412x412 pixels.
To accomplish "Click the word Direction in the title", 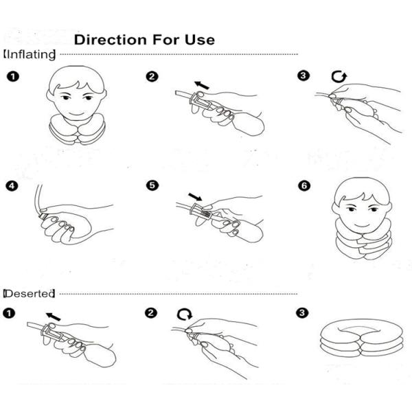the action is [111, 40].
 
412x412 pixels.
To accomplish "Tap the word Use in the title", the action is [200, 40].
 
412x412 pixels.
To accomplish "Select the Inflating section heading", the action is [30, 55].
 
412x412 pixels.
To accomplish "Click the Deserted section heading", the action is [29, 293].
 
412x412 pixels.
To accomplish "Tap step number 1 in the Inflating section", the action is [13, 77].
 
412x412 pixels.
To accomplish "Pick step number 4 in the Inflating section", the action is [12, 186].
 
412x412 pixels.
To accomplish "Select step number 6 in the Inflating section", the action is [304, 186].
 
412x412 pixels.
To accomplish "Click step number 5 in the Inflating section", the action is [152, 185].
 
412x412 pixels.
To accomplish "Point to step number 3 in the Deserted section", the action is [302, 312].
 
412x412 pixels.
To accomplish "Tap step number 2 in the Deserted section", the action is [151, 312].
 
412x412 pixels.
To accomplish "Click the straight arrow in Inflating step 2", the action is [201, 85].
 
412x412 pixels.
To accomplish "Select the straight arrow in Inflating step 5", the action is [195, 196].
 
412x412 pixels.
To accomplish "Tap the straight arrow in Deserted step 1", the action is [53, 317].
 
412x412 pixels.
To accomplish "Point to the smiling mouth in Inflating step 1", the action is [77, 114].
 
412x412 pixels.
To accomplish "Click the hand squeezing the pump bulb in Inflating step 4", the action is [66, 225].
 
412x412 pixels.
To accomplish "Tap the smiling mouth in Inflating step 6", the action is [362, 225].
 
